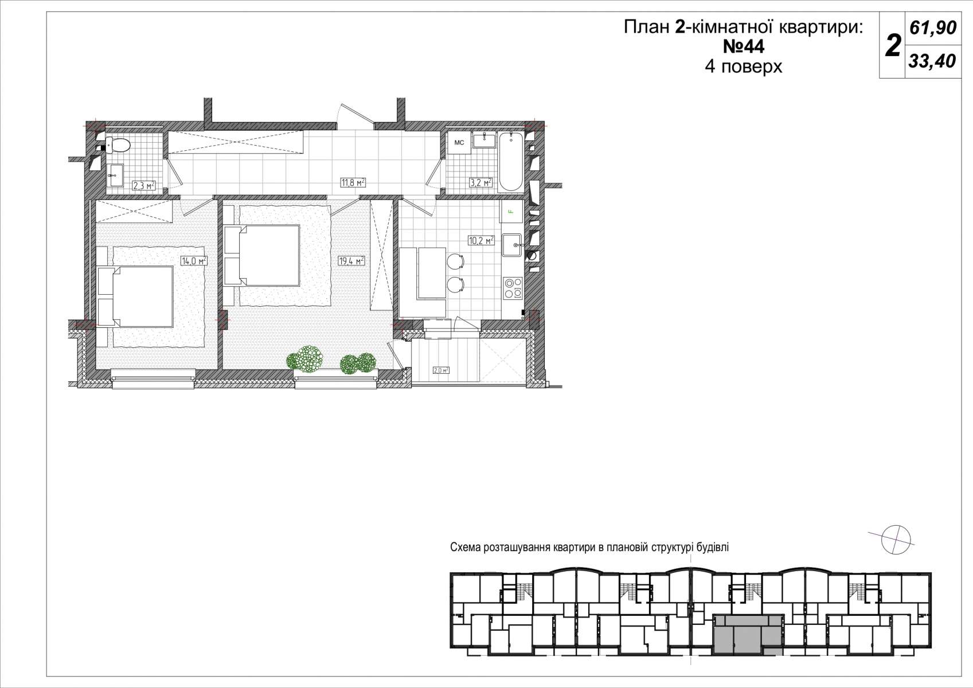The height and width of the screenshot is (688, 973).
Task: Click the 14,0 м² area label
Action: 194,261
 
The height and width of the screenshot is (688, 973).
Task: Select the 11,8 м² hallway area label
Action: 353,182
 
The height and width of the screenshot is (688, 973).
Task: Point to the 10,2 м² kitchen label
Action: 481,240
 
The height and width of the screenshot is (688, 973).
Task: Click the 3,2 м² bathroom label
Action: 480,182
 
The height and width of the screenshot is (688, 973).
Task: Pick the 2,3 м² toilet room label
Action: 144,186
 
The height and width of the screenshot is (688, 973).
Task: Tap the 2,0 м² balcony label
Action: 441,370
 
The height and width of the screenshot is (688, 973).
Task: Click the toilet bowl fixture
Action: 117,145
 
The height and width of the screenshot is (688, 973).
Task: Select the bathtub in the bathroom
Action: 511,162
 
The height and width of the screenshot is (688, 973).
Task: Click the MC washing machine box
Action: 459,143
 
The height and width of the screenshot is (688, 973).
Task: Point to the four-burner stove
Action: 513,288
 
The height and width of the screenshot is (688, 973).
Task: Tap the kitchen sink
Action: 513,247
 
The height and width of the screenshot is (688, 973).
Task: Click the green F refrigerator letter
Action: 511,212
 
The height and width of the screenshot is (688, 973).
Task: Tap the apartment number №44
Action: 743,46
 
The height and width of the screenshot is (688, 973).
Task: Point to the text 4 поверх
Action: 743,67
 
